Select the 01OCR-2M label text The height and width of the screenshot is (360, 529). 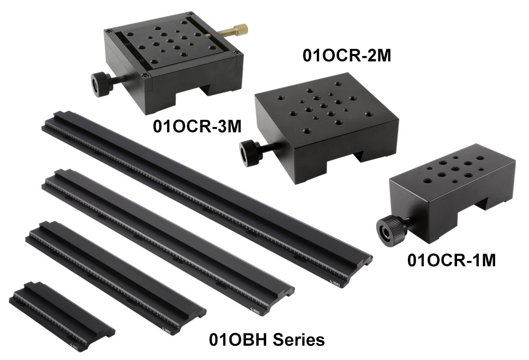pos(346,56)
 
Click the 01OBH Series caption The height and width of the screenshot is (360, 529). pos(267,339)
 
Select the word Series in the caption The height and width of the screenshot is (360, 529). pos(299,339)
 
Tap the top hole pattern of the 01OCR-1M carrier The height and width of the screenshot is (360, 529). pos(455,168)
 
